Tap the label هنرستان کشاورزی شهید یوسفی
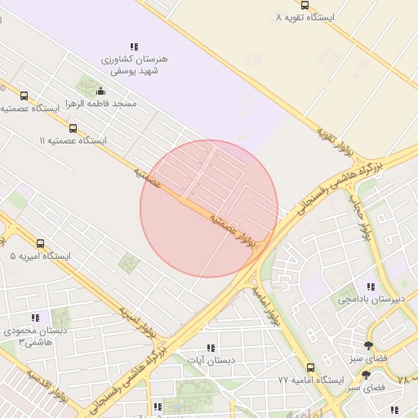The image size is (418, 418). coord(133,65)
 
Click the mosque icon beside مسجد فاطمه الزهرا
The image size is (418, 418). coord(100,91)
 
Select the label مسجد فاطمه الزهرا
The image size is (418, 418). coord(102,104)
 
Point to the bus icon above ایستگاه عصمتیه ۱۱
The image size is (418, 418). coord(73,128)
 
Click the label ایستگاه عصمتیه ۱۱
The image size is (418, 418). coord(73,140)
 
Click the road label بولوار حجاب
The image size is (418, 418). coord(360,217)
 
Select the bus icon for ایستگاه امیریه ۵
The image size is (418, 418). coord(41,243)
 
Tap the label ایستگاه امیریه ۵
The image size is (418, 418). coord(41,256)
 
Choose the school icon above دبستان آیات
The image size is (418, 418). coord(211,347)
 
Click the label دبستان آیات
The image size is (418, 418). coord(211,360)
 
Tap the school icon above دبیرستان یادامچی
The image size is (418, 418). coord(371,287)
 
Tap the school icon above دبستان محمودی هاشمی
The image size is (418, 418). coord(34,318)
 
